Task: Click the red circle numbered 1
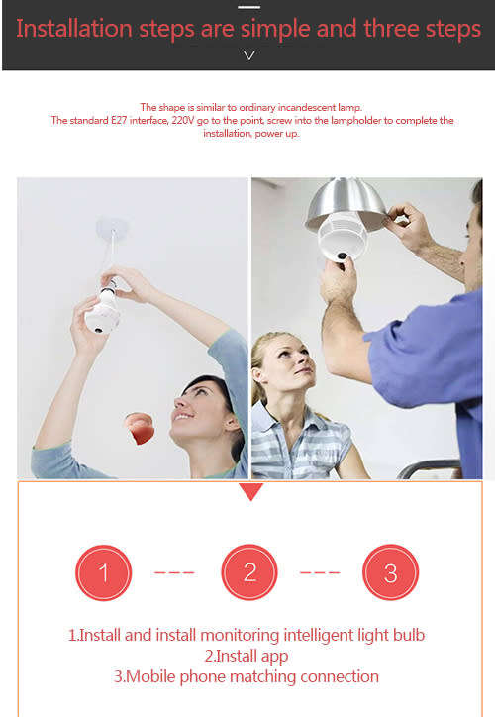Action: click(103, 572)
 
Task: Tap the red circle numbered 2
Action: click(249, 572)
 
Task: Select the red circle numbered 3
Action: click(391, 572)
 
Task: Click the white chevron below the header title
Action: click(249, 55)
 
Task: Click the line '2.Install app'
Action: click(247, 656)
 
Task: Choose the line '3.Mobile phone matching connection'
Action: click(247, 676)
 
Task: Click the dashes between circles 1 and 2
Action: click(175, 572)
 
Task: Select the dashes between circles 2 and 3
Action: click(320, 572)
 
